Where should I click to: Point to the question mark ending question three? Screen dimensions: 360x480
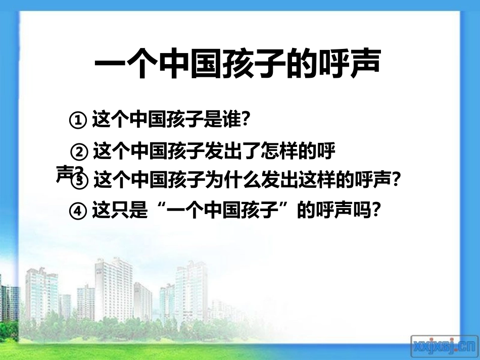396,180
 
